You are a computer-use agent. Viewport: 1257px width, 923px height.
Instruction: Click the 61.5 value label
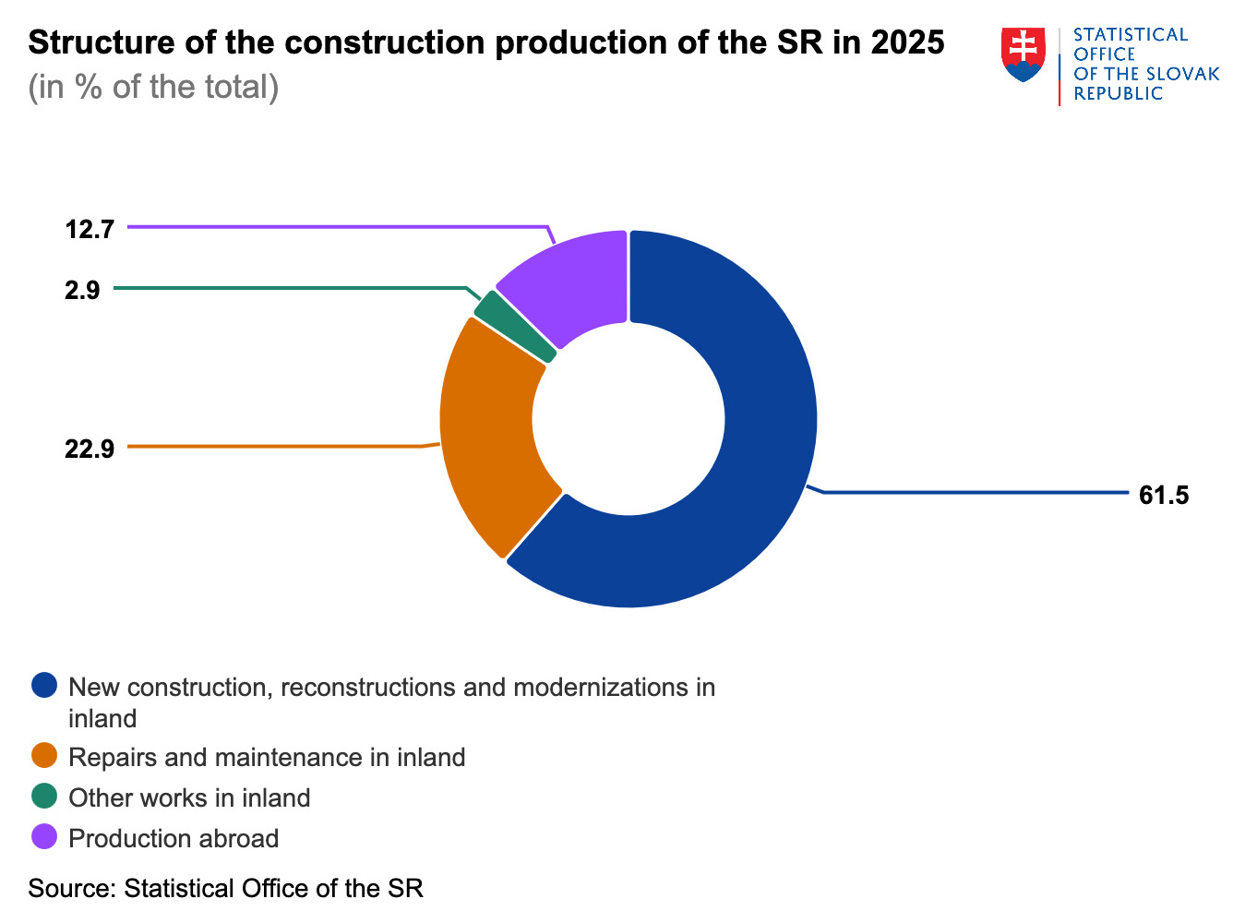tap(1164, 496)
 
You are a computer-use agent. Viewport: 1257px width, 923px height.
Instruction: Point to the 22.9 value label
tap(90, 450)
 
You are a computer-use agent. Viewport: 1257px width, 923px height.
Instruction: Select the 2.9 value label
tap(82, 291)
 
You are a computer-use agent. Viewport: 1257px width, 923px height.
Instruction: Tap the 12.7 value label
tap(90, 229)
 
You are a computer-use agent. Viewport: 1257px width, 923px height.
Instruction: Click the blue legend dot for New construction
tap(44, 686)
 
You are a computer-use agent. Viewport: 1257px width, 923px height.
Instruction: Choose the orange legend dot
tap(44, 756)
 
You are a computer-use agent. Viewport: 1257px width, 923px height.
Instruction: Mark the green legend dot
tap(44, 797)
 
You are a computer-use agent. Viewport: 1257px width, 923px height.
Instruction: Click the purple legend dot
tap(44, 837)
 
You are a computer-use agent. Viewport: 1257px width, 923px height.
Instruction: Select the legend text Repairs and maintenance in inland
tap(267, 758)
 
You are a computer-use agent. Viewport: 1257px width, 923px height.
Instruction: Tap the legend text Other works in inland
tap(189, 798)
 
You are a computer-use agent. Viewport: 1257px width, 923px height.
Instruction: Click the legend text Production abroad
tap(174, 839)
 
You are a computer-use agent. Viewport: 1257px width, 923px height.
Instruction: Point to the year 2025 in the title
tap(907, 42)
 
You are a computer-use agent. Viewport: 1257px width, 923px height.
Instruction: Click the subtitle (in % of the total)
tap(153, 87)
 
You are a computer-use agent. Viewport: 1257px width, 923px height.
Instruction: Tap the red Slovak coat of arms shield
tap(1023, 54)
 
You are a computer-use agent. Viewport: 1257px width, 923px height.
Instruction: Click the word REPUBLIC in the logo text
tap(1118, 94)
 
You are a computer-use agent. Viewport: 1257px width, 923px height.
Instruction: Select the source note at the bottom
tap(225, 889)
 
